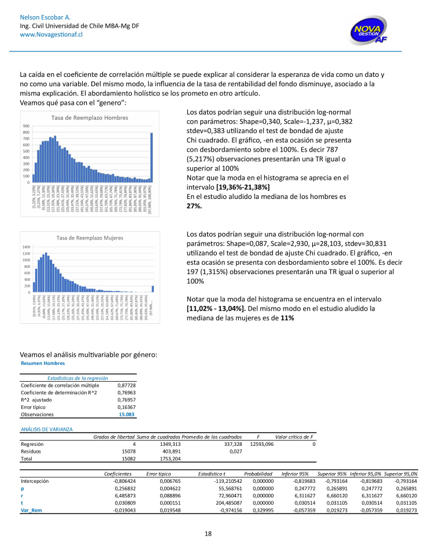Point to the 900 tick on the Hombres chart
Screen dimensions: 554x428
(x=26, y=126)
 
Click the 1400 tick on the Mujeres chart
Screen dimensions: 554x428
(x=25, y=247)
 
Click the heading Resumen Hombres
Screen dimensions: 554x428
(x=43, y=363)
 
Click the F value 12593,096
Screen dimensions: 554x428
(x=261, y=444)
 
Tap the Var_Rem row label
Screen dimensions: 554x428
(x=31, y=511)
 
